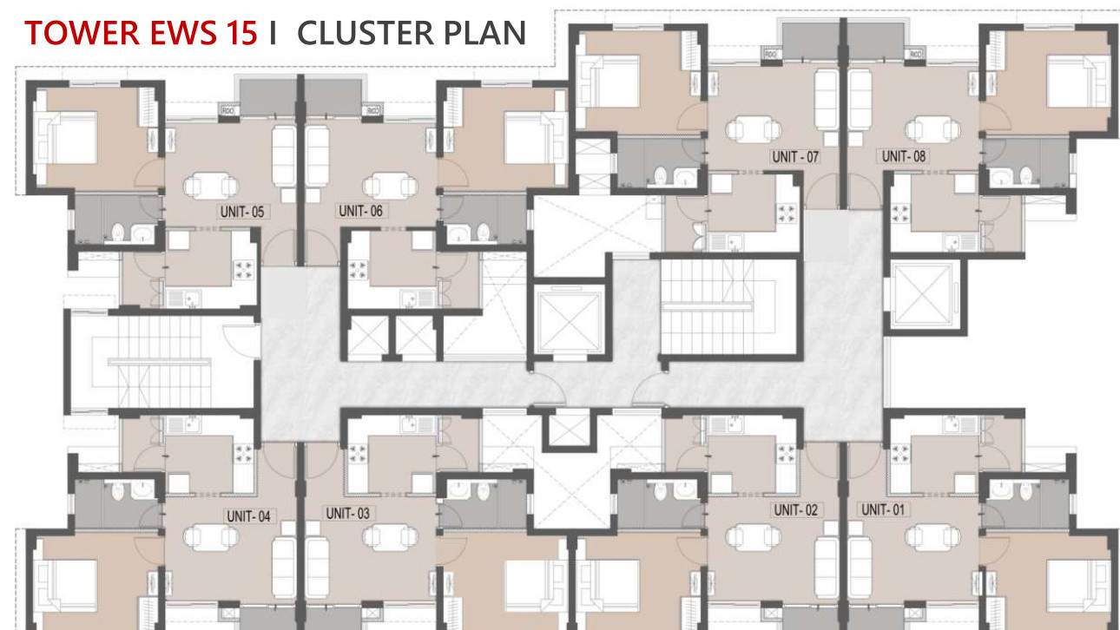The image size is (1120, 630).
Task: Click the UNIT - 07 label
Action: [x=795, y=157]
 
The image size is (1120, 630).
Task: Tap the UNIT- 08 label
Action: [x=904, y=157]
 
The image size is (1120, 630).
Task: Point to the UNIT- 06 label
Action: [x=360, y=211]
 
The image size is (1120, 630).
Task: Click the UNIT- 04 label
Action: [x=249, y=516]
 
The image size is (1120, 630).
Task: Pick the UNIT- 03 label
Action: [x=348, y=513]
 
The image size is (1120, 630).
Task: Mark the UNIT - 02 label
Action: [x=796, y=510]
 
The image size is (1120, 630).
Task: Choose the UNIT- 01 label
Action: [x=884, y=509]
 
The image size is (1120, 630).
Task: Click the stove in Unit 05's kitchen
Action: [x=243, y=271]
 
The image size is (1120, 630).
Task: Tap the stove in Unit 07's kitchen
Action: [x=787, y=213]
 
